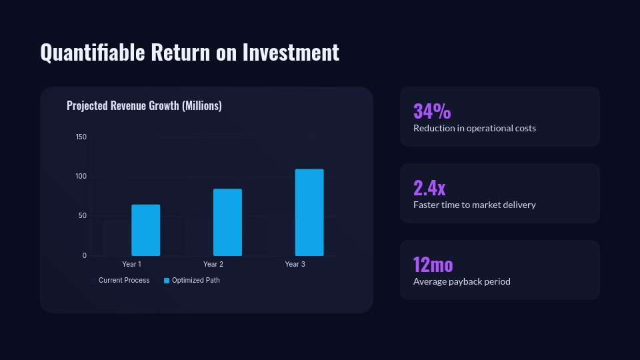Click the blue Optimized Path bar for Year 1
pos(146,230)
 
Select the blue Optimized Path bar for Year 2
pos(228,223)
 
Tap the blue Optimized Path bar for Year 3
pos(309,212)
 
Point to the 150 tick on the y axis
pos(81,137)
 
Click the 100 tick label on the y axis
pos(81,176)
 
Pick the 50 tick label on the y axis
pos(83,216)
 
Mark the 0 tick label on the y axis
pos(85,255)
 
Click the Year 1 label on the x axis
pos(131,264)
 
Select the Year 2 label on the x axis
pos(213,264)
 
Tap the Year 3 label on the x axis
pos(295,264)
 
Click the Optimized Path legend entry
pos(192,281)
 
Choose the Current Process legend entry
pos(120,281)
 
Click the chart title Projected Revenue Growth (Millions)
pos(144,106)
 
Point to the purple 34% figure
pos(432,111)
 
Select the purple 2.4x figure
pos(429,188)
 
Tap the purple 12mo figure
pos(433,265)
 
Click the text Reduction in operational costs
pos(475,128)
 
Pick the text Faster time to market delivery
pos(475,205)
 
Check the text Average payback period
pos(461,281)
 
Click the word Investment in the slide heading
pos(291,52)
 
